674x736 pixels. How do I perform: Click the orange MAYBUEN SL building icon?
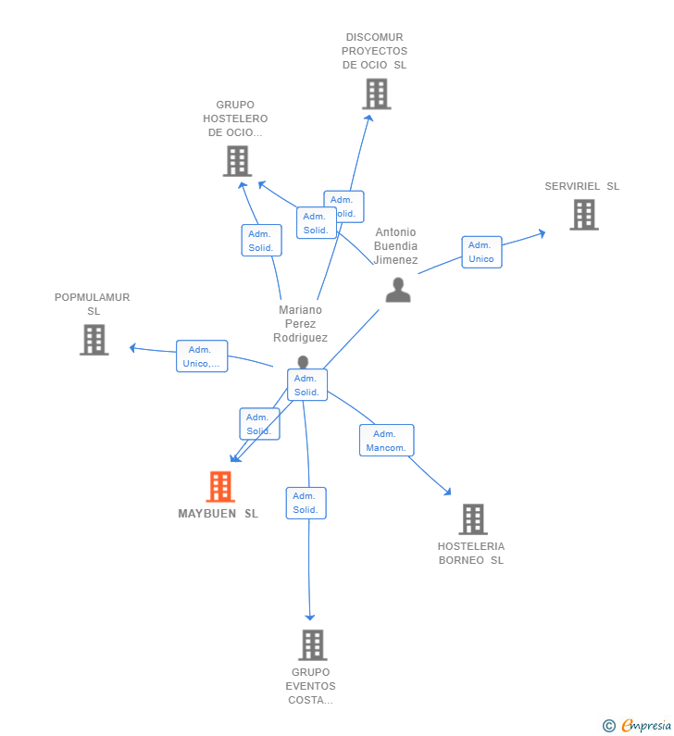[220, 486]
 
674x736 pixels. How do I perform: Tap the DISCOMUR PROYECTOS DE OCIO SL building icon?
[377, 94]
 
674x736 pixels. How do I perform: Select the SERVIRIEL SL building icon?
[584, 215]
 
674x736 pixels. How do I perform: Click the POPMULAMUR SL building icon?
[94, 340]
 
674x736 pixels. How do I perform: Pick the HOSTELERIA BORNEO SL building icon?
[473, 519]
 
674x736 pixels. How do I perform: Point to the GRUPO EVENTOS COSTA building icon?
[312, 645]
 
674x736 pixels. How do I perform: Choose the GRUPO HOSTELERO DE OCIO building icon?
[237, 161]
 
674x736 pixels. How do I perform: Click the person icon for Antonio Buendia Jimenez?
[398, 290]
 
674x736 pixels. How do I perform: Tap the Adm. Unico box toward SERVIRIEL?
[481, 252]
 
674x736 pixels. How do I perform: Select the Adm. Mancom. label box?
[386, 441]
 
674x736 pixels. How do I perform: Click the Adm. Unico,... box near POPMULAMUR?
[202, 356]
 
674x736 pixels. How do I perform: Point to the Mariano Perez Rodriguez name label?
[300, 324]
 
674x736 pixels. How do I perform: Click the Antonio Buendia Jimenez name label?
[395, 246]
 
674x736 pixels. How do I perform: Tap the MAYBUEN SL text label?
[218, 514]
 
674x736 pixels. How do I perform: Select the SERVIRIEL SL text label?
[582, 186]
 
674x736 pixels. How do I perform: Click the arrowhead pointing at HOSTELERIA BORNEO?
[448, 492]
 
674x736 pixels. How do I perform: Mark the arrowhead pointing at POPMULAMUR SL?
[132, 348]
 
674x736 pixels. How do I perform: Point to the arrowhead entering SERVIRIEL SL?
[543, 233]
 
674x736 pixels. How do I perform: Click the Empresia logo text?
[646, 725]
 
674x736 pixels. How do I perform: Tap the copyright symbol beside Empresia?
[609, 726]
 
